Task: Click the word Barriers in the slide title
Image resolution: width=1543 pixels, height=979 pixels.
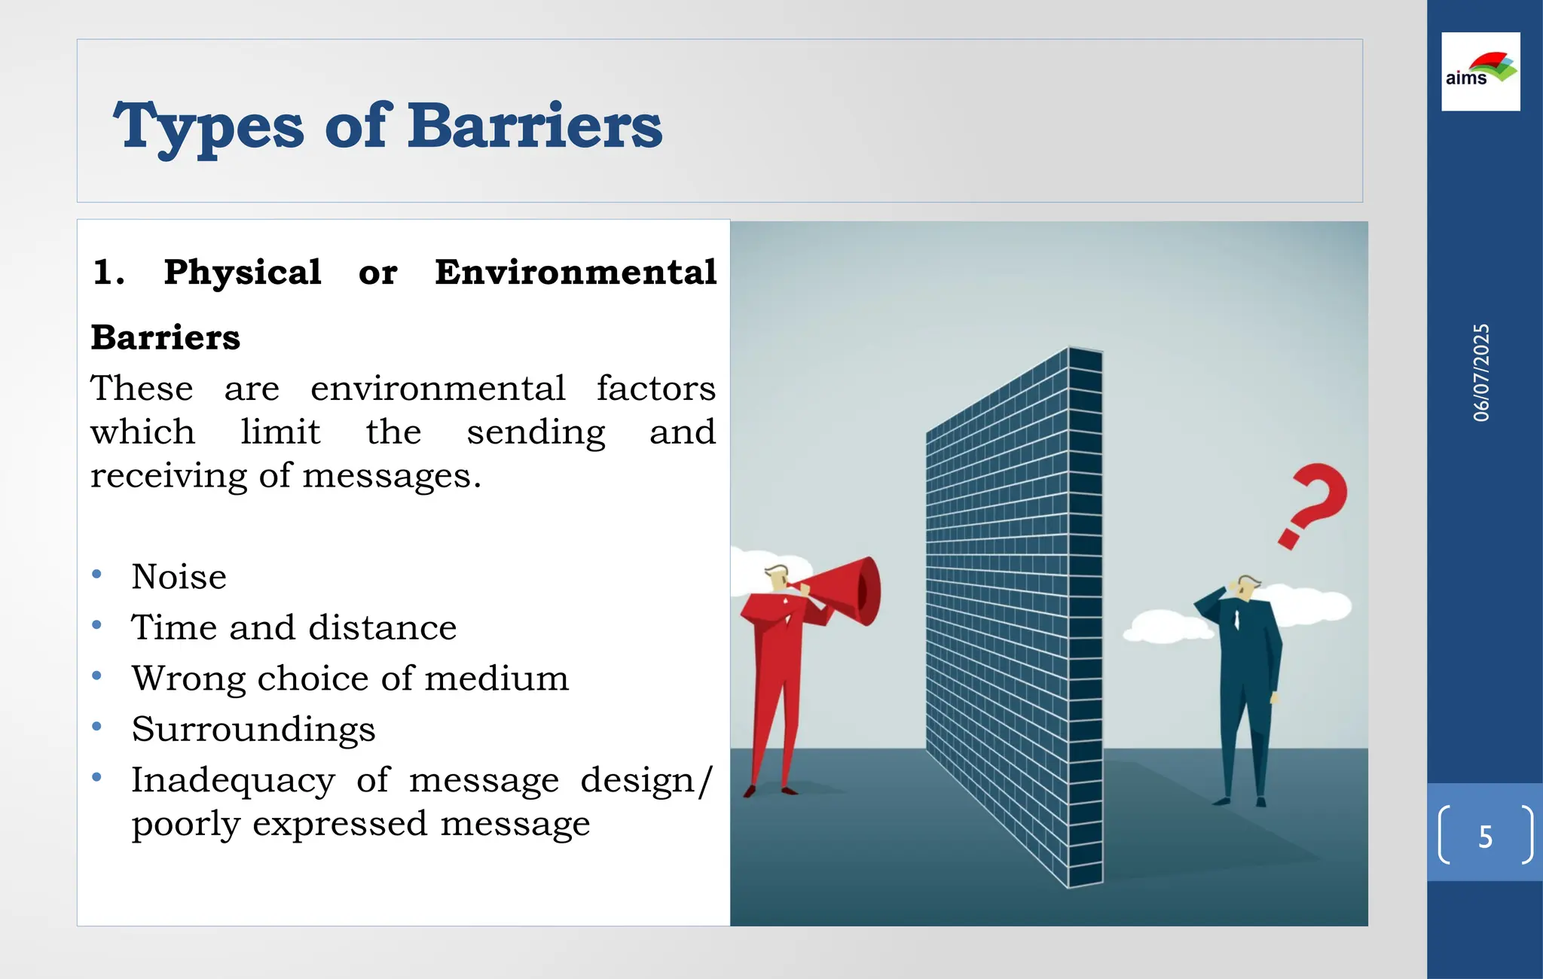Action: coord(535,126)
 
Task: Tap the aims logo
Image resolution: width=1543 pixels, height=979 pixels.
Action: coord(1480,72)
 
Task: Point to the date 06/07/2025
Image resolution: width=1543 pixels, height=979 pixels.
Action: coord(1481,373)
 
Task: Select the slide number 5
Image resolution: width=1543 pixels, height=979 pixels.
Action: coord(1485,837)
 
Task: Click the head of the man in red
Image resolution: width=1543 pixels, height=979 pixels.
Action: coord(777,578)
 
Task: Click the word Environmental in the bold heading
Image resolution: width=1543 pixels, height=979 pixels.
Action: coord(576,272)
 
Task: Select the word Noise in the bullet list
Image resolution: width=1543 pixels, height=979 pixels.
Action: coord(179,577)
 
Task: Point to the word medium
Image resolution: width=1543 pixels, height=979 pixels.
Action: coord(497,679)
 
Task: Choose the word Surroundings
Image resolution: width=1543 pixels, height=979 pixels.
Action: coord(253,729)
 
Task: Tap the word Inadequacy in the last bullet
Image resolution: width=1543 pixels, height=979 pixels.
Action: coord(233,780)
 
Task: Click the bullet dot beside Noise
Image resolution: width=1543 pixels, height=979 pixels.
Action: coord(96,575)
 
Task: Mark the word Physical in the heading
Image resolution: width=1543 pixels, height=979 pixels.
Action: coord(243,272)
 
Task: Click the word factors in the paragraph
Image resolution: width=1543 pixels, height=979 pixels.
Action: coord(655,389)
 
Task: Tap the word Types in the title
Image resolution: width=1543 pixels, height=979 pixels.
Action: coord(209,126)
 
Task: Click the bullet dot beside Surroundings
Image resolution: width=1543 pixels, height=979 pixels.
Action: coord(96,727)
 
